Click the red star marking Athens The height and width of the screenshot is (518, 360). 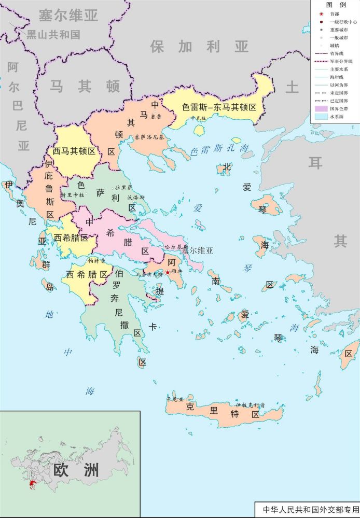[168, 273]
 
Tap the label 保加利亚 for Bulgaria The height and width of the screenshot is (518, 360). [200, 47]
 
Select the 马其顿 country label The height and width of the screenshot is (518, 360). [85, 86]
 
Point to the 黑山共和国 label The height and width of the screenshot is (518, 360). [53, 35]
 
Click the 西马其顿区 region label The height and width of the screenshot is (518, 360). [76, 151]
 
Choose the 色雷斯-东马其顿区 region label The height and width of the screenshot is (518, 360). [219, 107]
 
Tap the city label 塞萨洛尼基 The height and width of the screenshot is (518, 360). [149, 137]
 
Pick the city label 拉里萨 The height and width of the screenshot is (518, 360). [124, 187]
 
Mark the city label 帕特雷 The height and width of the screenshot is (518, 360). [96, 261]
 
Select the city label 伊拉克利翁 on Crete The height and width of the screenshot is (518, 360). [250, 404]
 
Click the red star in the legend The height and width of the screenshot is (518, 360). [322, 14]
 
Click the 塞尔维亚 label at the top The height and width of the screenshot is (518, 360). [68, 16]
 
